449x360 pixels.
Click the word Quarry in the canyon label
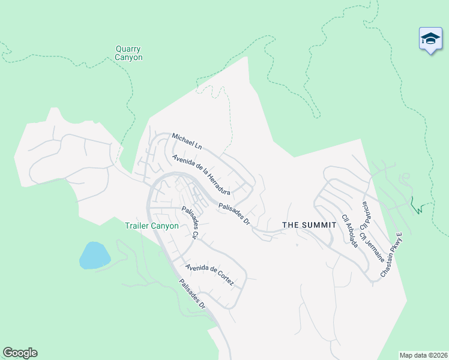click(x=129, y=49)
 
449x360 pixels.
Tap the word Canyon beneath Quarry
click(x=129, y=58)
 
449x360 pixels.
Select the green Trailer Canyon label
click(x=151, y=226)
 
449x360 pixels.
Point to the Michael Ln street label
click(x=187, y=141)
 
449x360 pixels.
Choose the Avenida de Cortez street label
click(x=208, y=275)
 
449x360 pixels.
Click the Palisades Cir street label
click(x=190, y=223)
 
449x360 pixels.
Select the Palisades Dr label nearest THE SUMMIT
click(x=234, y=213)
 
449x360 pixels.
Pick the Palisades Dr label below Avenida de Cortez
click(x=192, y=294)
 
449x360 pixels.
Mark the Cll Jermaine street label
click(x=372, y=242)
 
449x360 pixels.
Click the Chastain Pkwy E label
click(x=390, y=255)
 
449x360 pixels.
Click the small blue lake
click(x=94, y=256)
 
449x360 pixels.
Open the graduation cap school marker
click(x=430, y=40)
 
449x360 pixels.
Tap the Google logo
click(x=20, y=353)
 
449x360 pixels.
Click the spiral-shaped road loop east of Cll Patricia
click(x=405, y=178)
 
